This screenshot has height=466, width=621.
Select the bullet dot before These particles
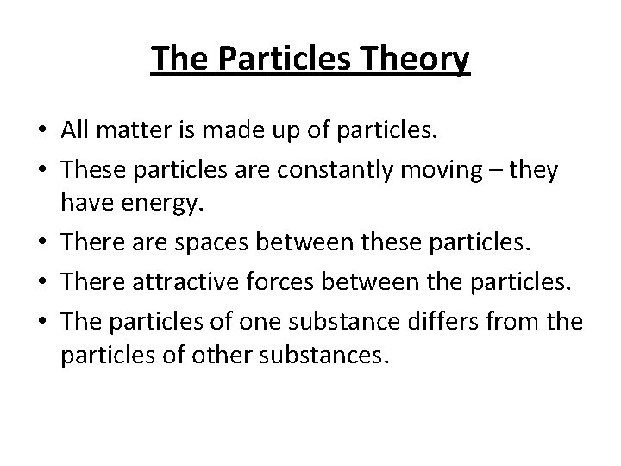tap(42, 170)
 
